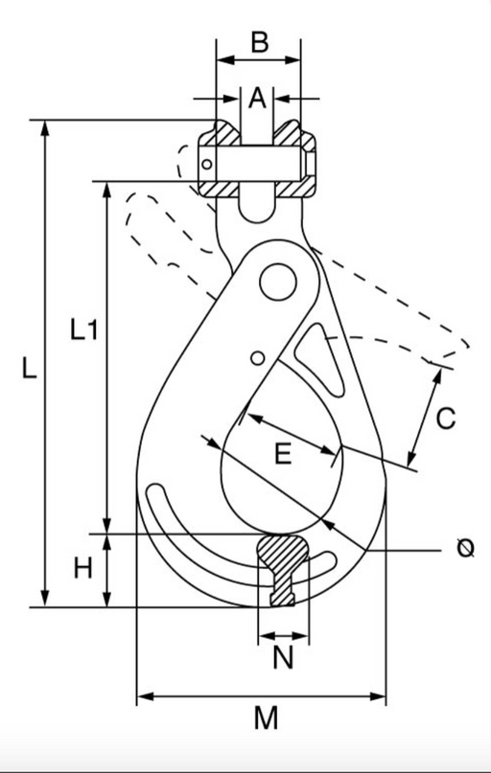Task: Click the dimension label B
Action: [260, 42]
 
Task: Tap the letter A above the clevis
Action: [257, 98]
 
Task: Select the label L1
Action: [83, 330]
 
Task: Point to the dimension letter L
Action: [29, 368]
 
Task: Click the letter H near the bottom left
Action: [82, 568]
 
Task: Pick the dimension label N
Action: [283, 657]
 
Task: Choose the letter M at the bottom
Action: [266, 717]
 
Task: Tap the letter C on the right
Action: [446, 419]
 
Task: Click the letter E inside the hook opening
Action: [283, 454]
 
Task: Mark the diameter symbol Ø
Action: [465, 548]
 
